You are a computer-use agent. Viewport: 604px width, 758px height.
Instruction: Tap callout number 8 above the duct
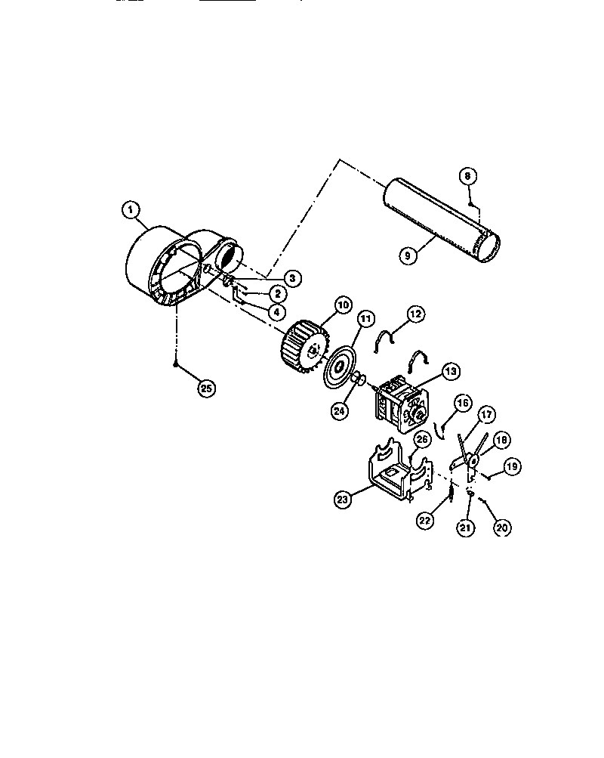coord(467,176)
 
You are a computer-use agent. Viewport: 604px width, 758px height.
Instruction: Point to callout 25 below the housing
coord(205,388)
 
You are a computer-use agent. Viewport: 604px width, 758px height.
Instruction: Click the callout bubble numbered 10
coord(342,305)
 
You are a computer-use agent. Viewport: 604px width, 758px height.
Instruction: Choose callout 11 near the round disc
coord(365,320)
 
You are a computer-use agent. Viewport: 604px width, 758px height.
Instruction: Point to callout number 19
coord(510,468)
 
